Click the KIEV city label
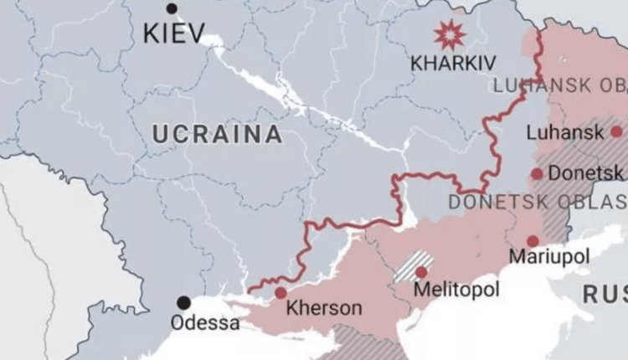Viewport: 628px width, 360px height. point(174,34)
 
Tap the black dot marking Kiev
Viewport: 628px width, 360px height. point(172,8)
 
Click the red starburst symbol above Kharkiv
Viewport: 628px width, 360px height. point(450,35)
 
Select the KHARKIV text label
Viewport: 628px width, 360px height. point(453,63)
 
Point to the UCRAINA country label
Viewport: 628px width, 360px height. point(217,134)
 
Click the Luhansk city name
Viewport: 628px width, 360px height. point(565,132)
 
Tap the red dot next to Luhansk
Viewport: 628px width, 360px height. point(616,131)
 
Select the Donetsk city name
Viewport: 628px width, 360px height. point(585,173)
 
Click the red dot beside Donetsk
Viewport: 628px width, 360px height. point(537,174)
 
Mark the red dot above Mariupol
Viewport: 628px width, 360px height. point(533,241)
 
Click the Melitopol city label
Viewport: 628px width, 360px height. point(456,289)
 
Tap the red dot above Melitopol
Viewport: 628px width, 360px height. point(421,272)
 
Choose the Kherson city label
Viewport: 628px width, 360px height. point(324,308)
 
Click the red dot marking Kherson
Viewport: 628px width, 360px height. point(281,293)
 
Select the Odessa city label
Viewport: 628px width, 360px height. point(204,322)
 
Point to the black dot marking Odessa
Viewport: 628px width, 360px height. point(183,303)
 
